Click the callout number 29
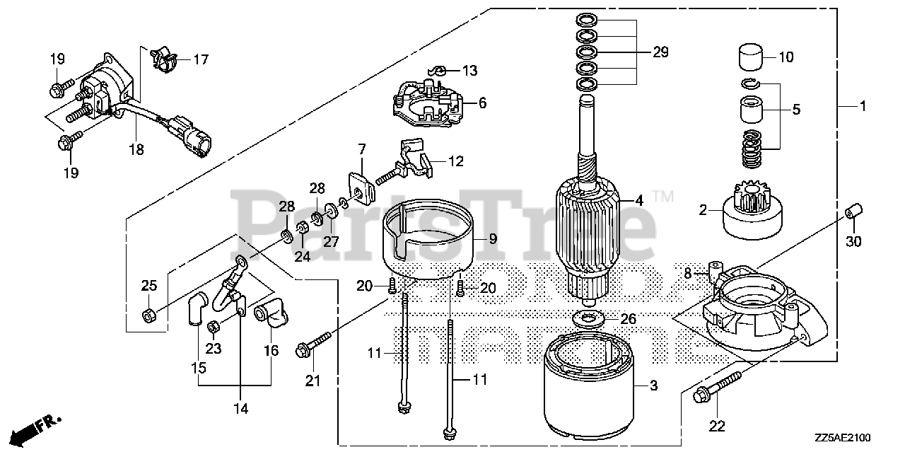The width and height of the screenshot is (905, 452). [x=660, y=52]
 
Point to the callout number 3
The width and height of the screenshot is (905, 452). [x=653, y=386]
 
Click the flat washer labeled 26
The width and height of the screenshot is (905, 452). [x=587, y=317]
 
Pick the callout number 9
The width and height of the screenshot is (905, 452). [x=492, y=240]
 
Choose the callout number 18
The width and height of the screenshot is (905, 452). [x=136, y=150]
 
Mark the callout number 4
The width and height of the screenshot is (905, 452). [x=639, y=200]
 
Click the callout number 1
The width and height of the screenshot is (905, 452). [x=863, y=106]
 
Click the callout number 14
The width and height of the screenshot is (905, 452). [x=241, y=408]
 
